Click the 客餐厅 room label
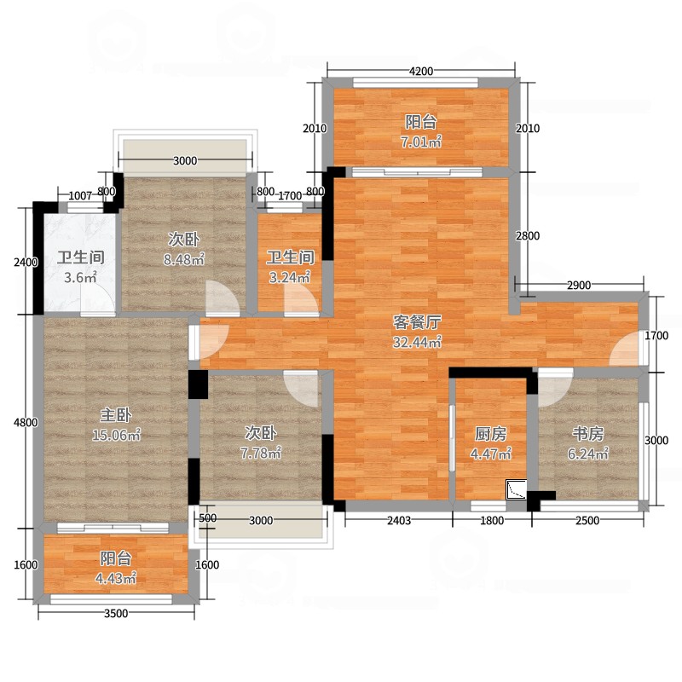click(417, 322)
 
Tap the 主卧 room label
click(116, 415)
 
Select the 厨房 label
click(491, 434)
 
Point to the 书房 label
click(587, 434)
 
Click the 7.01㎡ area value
click(421, 142)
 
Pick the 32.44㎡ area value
click(417, 343)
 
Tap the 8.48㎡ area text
click(184, 260)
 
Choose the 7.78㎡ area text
click(261, 454)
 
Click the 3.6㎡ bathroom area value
click(80, 277)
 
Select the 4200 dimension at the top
click(421, 71)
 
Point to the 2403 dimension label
click(399, 520)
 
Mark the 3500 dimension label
click(116, 613)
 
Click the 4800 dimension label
click(26, 422)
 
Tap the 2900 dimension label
click(579, 286)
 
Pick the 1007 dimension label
click(80, 196)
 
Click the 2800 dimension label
click(528, 236)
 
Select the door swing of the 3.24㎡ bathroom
click(300, 300)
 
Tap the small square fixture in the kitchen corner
click(517, 489)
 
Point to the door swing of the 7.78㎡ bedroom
click(301, 389)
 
